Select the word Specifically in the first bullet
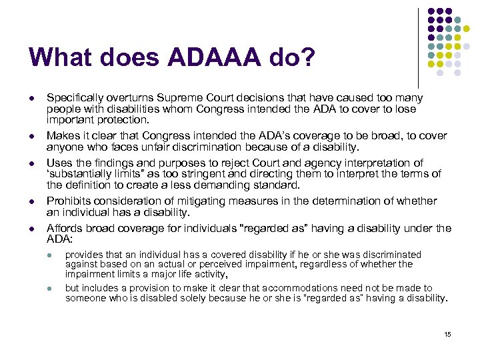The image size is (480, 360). pyautogui.click(x=73, y=98)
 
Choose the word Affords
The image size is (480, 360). pyautogui.click(x=63, y=229)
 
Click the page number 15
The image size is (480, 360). pyautogui.click(x=447, y=334)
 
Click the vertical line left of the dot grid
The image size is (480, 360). pyautogui.click(x=418, y=47)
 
